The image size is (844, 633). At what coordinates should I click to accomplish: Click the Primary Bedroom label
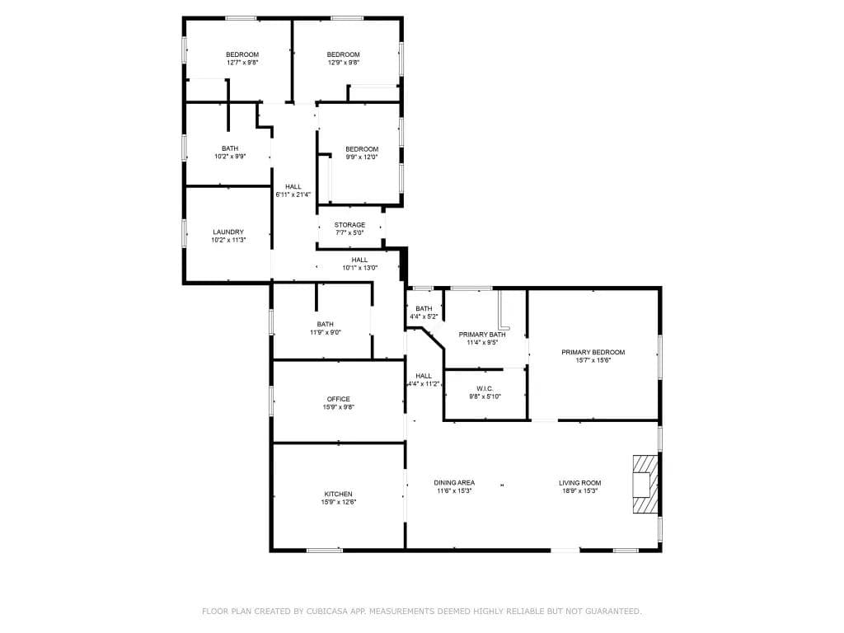(x=593, y=352)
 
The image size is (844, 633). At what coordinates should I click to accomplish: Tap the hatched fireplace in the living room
(x=645, y=484)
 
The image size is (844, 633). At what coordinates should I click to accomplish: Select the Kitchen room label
(x=339, y=495)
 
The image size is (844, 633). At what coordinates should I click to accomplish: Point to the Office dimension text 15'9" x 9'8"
(x=339, y=407)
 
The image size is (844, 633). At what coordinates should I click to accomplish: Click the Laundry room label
(x=228, y=232)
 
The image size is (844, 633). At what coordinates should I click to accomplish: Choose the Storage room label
(x=349, y=224)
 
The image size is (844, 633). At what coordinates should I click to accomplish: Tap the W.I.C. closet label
(x=485, y=389)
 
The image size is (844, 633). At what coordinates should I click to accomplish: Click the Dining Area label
(x=454, y=483)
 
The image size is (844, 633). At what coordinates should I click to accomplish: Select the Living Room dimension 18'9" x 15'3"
(x=579, y=491)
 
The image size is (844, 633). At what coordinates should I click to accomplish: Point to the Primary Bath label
(x=482, y=335)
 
